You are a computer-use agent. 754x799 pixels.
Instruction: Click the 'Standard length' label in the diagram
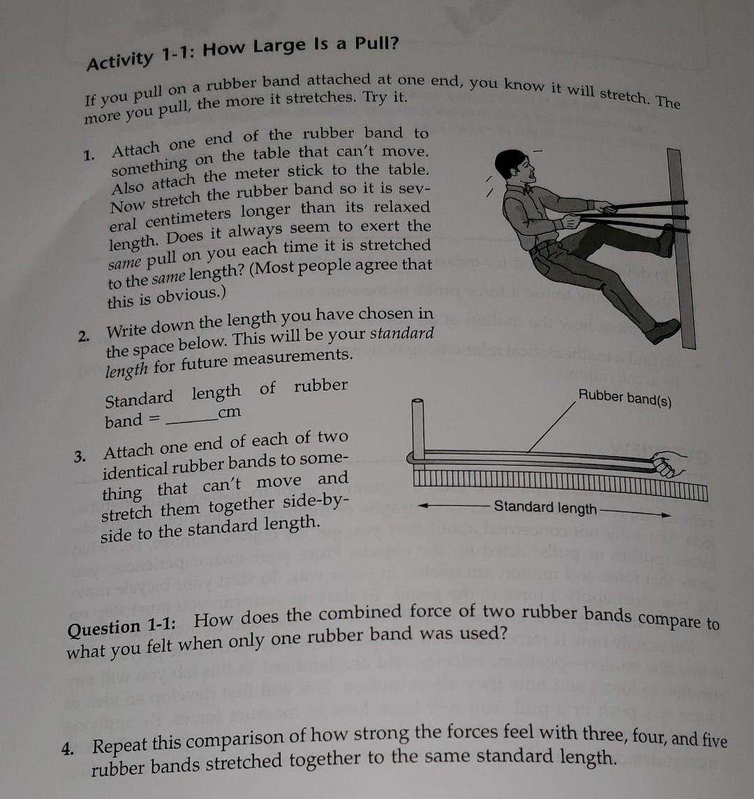coord(545,508)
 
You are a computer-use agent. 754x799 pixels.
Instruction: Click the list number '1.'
coord(89,156)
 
